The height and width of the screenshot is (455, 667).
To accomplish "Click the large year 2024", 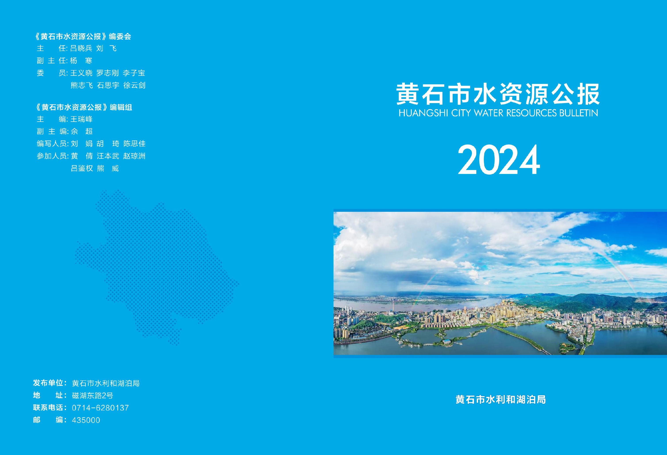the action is (499, 160).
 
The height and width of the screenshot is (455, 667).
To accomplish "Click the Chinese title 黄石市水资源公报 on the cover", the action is (498, 94).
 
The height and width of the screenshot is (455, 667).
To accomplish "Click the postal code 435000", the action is (86, 420).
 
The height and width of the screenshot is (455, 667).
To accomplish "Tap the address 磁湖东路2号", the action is (92, 395).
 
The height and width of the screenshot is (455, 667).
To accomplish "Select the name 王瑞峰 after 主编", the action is (81, 119).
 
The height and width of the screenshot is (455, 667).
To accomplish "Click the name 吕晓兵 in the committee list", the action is (81, 48).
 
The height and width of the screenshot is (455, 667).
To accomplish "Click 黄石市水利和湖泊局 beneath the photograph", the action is (501, 399).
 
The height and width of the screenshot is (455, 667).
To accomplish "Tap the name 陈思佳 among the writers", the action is (134, 144).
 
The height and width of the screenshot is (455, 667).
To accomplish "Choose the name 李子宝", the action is (134, 73).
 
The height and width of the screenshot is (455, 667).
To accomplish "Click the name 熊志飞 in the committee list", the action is (82, 85).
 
